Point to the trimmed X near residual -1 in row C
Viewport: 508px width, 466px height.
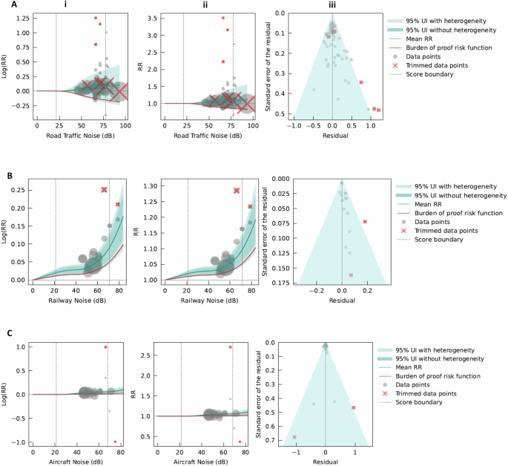(x=294, y=437)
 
